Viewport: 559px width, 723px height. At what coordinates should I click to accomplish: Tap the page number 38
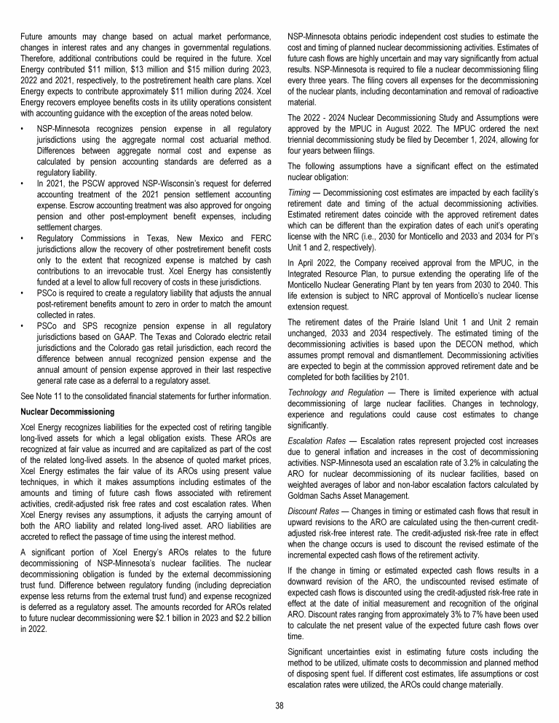(x=279, y=705)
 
